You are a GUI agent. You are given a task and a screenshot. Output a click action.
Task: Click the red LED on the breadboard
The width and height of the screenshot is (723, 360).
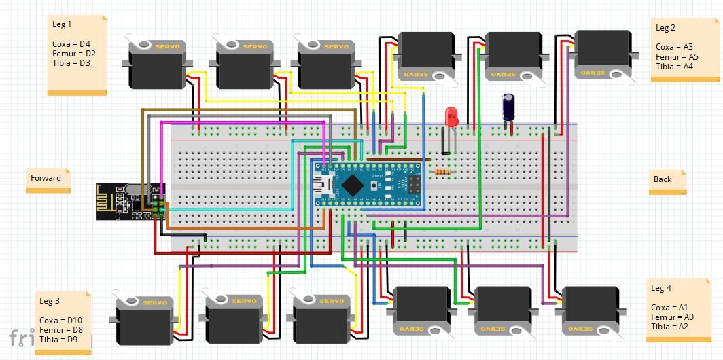point(451,117)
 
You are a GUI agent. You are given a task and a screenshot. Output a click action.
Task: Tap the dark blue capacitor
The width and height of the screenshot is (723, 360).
point(509,107)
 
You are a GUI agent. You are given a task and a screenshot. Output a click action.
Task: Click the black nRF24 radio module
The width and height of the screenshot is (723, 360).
point(122,202)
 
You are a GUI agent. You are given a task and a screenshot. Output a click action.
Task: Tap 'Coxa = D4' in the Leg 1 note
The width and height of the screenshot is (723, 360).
point(71,43)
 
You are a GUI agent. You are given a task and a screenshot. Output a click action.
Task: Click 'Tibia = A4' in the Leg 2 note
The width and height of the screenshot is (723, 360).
point(674,67)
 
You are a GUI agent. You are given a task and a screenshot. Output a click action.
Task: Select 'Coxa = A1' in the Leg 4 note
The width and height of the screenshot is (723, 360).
point(669,308)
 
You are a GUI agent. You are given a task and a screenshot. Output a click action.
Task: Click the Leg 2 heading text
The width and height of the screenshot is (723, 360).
point(665,28)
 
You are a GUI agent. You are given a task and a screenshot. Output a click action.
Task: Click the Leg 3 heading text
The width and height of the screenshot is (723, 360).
point(50,300)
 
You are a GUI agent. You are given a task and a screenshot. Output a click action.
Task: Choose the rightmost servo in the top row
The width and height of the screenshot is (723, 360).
point(602,54)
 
